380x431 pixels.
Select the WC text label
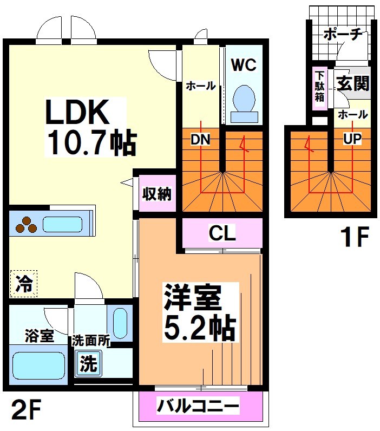click(244, 65)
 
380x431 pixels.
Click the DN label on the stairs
click(200, 139)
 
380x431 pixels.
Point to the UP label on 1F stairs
click(351, 139)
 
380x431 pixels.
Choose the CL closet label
click(222, 234)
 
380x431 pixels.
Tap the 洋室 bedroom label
click(192, 297)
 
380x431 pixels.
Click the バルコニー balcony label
click(198, 405)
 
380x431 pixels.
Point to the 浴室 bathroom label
click(38, 335)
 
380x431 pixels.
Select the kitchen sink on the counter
click(62, 224)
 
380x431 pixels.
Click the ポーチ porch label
click(342, 34)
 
